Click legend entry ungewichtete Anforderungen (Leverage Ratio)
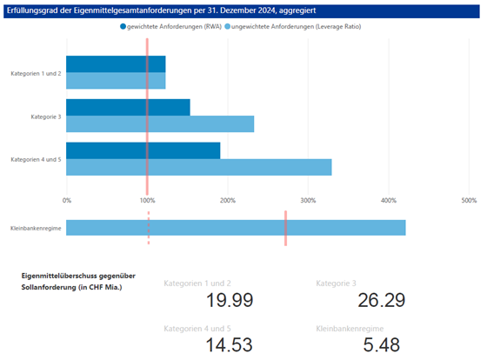297,27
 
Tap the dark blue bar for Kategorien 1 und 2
116,64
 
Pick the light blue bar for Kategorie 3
160,123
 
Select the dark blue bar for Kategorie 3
128,107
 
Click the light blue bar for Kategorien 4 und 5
198,167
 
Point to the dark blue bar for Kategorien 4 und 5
143,150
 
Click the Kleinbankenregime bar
236,228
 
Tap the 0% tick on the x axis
67,201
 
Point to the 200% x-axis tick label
227,201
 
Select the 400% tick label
388,201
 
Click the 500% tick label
468,201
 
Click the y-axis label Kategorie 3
45,116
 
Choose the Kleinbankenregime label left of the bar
35,228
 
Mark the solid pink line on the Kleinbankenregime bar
285,228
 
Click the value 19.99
230,301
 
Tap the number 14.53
230,345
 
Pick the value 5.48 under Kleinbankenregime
381,345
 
